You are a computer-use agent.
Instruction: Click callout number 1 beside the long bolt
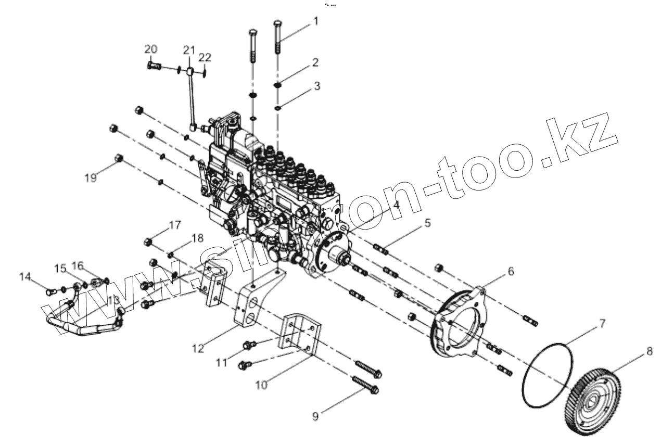point(315,21)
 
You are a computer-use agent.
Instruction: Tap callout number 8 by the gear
point(649,351)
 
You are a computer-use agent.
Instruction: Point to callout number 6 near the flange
point(511,271)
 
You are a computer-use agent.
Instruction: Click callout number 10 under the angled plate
point(261,385)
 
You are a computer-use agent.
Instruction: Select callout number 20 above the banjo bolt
point(151,49)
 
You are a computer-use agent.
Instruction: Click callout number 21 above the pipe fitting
point(188,50)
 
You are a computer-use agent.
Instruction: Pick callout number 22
point(205,57)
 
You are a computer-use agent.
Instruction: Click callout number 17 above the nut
point(174,225)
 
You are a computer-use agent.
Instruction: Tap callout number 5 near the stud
point(427,223)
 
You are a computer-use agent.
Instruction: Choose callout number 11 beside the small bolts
point(222,362)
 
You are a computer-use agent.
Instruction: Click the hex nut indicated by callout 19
point(119,158)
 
